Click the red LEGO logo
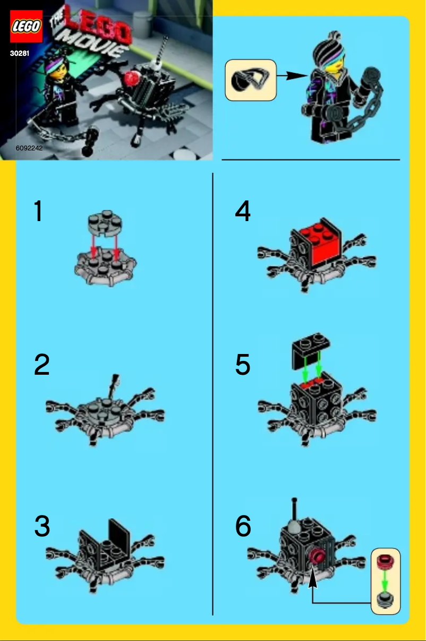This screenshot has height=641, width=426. pos(25,26)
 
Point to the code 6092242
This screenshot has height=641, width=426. pos(29,148)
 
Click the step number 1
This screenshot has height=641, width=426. pos(38,212)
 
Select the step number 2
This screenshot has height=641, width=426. pos(41,365)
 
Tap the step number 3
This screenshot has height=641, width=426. pos(42,526)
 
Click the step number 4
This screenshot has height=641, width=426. pos(243,212)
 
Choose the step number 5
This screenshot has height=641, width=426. pos(243,365)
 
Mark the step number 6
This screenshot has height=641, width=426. pos(243,526)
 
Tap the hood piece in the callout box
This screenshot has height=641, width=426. pos(250,80)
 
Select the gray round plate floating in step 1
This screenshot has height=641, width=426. pos(105,224)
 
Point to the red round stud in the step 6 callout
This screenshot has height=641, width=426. pos(385,562)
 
